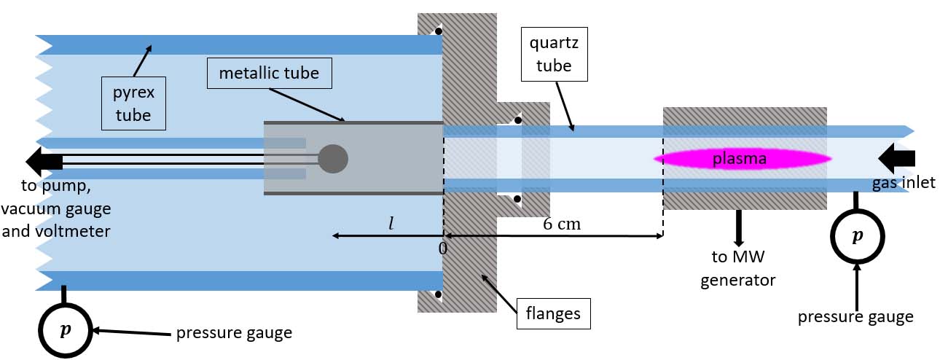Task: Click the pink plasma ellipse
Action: point(742,158)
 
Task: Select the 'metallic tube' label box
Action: point(269,74)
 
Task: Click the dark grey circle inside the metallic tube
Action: point(334,158)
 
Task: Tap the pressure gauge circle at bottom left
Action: point(66,329)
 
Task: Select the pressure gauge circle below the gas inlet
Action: point(857,236)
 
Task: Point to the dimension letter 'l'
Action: point(391,223)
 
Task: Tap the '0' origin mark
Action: point(442,249)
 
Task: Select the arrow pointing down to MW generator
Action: point(739,227)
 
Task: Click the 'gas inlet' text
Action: point(904,183)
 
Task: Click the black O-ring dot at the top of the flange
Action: point(438,31)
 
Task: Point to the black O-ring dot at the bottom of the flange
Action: point(438,295)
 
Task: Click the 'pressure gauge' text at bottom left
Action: point(234,333)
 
